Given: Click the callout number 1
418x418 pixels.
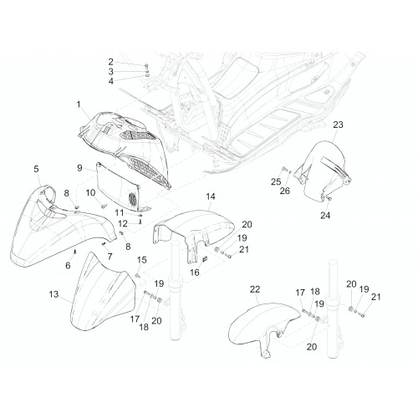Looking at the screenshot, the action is pyautogui.click(x=79, y=104).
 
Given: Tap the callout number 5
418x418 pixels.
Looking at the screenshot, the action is pyautogui.click(x=36, y=169).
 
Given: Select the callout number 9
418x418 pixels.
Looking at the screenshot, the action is pyautogui.click(x=79, y=168).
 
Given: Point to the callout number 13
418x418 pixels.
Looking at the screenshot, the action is pyautogui.click(x=54, y=294).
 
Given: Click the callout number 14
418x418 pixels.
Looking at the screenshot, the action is pyautogui.click(x=211, y=196).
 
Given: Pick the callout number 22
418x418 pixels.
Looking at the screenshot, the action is pyautogui.click(x=255, y=289).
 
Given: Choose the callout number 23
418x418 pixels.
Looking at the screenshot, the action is pyautogui.click(x=338, y=125).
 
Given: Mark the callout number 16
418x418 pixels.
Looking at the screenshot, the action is pyautogui.click(x=195, y=273).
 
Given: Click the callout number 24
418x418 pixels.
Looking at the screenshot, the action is pyautogui.click(x=325, y=215).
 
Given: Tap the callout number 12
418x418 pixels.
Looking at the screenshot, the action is pyautogui.click(x=123, y=223).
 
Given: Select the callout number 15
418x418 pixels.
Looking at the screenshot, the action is pyautogui.click(x=141, y=260).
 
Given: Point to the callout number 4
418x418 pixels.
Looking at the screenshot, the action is pyautogui.click(x=111, y=81).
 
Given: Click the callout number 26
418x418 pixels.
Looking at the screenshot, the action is pyautogui.click(x=285, y=191).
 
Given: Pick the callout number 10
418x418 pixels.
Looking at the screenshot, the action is pyautogui.click(x=90, y=192).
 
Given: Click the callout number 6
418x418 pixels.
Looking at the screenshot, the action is pyautogui.click(x=68, y=266).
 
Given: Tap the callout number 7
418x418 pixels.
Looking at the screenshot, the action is pyautogui.click(x=110, y=257).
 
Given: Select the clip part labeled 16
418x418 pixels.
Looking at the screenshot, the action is pyautogui.click(x=205, y=259).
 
